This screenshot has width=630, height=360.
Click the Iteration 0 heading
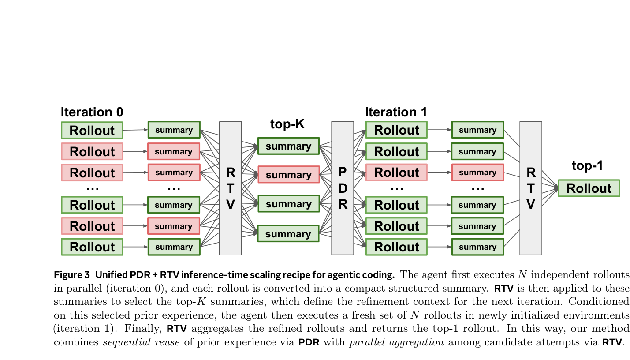92,112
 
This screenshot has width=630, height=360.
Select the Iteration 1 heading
395,112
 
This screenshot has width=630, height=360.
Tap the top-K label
287,125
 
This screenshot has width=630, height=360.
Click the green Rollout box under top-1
589,188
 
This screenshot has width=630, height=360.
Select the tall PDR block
343,188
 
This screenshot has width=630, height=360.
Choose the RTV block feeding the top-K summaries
230,188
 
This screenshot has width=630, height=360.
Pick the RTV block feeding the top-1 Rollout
530,188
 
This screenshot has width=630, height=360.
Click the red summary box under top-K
288,175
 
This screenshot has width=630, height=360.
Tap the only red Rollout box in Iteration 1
396,172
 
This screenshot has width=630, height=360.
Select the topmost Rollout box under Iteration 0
92,130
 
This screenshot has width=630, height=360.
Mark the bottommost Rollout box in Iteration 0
92,247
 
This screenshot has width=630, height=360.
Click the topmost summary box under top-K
288,146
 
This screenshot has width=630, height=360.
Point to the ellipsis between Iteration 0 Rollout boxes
92,188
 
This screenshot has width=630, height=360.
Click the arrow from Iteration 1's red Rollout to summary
439,172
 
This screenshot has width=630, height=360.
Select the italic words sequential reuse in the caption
141,342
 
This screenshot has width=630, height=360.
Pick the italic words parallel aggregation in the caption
396,342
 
